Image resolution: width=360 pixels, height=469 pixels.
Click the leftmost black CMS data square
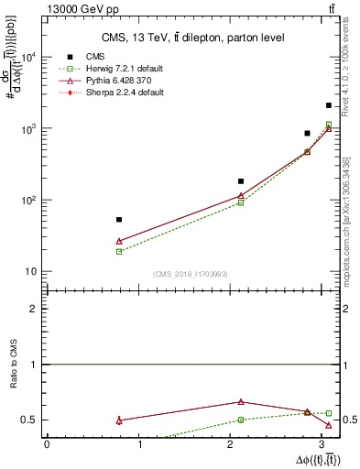[x=119, y=220]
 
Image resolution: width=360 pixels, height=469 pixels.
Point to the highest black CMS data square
[x=329, y=105]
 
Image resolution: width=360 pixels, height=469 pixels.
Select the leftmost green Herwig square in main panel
[x=119, y=251]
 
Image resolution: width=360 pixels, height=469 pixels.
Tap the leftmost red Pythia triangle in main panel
[x=119, y=241]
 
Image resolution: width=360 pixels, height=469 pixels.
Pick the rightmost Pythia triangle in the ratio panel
[x=329, y=425]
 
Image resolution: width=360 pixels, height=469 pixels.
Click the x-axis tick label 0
[x=47, y=445]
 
